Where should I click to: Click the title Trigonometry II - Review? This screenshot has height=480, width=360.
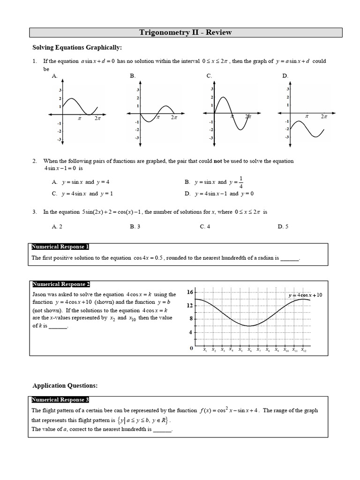coord(185,32)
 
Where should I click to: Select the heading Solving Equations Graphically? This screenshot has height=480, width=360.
coord(76,47)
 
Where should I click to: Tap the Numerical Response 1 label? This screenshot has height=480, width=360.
coord(60,247)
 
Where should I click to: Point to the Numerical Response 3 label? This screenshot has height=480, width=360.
coord(60,400)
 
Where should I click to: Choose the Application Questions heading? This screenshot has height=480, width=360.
coord(65,385)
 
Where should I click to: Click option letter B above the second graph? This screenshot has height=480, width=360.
coord(133,75)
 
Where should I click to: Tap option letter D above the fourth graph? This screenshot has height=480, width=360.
coord(285,75)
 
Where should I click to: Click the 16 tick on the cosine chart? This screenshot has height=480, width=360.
coord(190,292)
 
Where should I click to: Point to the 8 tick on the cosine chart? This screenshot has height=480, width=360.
coord(191,319)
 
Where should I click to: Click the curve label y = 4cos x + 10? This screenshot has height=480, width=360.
coord(306,295)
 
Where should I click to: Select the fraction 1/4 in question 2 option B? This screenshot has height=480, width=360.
coord(241,182)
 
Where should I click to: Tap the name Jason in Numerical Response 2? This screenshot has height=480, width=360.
coord(39,294)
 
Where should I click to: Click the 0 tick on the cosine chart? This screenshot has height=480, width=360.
coord(191,348)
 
